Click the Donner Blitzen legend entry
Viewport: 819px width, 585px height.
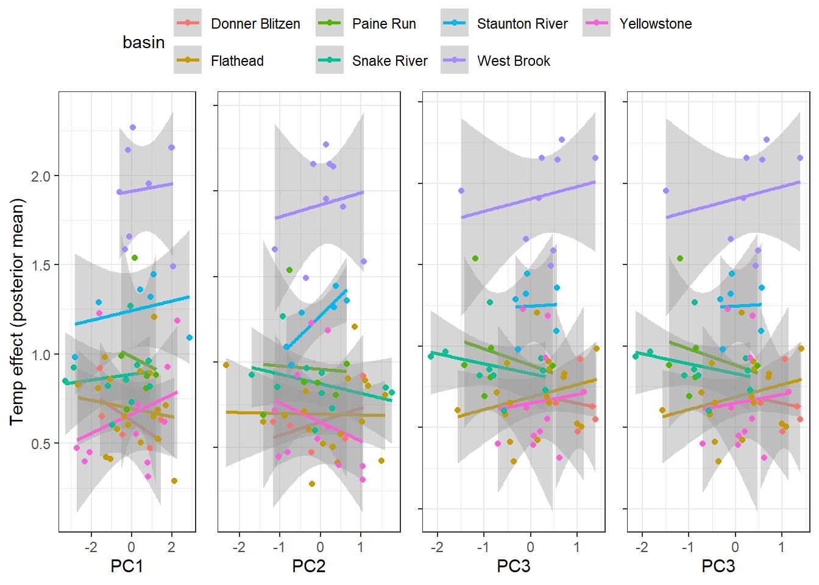[255, 24]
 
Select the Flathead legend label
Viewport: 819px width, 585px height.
[237, 61]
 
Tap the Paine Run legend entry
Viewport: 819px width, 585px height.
[384, 24]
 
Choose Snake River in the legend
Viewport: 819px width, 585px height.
[389, 61]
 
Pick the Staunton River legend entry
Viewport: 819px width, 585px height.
[522, 24]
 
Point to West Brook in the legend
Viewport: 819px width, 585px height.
[513, 61]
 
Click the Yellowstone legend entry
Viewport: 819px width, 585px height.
[656, 24]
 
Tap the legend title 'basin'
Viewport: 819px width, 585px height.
[144, 42]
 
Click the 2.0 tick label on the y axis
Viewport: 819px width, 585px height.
[41, 176]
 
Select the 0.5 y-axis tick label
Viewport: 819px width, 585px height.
[41, 444]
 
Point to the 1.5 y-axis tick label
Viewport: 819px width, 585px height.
[41, 265]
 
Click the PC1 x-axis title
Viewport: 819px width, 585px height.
[127, 566]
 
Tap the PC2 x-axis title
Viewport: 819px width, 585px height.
[309, 566]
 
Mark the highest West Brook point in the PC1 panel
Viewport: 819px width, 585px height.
[133, 127]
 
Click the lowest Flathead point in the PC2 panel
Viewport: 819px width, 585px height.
[312, 484]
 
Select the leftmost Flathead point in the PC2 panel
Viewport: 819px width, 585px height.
[226, 365]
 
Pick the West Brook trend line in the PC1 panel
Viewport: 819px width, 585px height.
[146, 188]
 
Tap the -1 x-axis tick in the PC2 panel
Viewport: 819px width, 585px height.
[279, 547]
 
